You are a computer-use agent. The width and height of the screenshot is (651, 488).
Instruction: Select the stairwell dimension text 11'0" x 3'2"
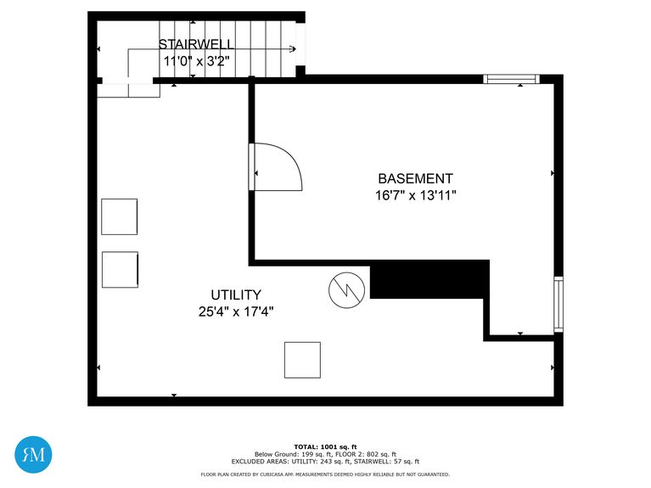click(x=197, y=60)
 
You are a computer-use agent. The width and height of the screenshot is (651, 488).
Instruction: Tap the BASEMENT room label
click(x=415, y=179)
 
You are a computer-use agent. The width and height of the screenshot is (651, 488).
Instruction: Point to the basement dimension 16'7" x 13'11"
click(x=415, y=195)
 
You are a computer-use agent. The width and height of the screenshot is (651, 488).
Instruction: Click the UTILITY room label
click(x=236, y=294)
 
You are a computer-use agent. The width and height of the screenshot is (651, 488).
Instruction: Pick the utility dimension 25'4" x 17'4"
click(x=236, y=311)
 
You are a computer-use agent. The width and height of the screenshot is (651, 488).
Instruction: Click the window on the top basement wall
click(x=511, y=79)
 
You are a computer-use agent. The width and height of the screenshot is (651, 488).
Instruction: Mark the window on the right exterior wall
click(x=558, y=304)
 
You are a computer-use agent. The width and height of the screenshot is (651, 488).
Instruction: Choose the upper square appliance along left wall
click(x=119, y=216)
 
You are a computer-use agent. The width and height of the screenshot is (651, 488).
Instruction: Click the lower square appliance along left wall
click(x=120, y=269)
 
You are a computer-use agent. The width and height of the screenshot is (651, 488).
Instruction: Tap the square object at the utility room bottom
click(x=302, y=360)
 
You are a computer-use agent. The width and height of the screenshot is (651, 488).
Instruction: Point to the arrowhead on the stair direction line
click(x=293, y=49)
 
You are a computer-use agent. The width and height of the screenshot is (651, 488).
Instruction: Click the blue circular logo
click(x=34, y=454)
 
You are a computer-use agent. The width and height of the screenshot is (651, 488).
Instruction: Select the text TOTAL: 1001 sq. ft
click(x=325, y=446)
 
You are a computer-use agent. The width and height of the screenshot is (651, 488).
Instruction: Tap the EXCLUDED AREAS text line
click(x=325, y=462)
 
